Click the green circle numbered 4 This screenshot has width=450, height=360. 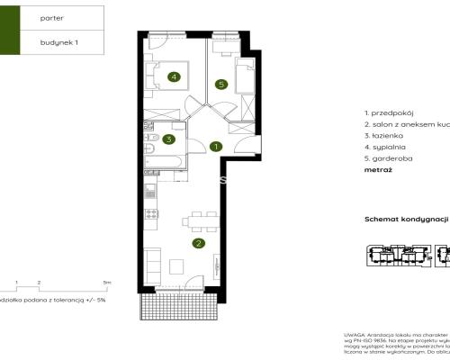click(x=174, y=76)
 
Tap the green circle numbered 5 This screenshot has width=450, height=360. click(x=220, y=85)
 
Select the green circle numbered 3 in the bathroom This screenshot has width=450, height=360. click(x=167, y=139)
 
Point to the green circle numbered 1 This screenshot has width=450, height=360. click(x=215, y=146)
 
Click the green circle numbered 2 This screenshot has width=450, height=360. click(x=198, y=241)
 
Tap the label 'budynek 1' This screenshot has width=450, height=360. click(x=59, y=41)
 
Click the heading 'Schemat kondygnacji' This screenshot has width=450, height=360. click(x=406, y=219)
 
